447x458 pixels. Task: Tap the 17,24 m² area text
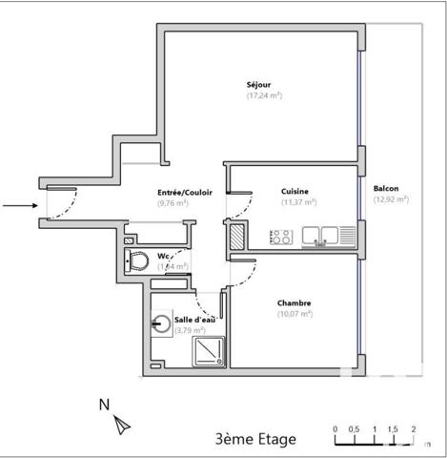point(265,95)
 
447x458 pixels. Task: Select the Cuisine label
point(295,191)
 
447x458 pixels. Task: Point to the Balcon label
point(387,188)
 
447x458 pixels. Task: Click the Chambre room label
point(295,303)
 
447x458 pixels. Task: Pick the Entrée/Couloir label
point(185,192)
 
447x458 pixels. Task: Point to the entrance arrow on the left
point(18,204)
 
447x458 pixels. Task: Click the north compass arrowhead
point(122,423)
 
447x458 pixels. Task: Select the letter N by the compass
point(104,405)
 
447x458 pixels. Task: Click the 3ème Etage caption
point(255,439)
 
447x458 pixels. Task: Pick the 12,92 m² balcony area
point(391,199)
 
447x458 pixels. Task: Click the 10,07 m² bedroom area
point(295,314)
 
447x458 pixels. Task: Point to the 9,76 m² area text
point(173,202)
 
